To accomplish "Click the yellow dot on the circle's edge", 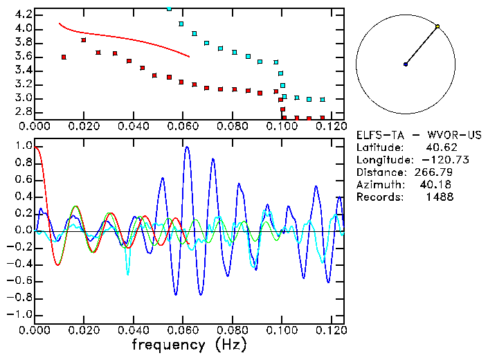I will (x=437, y=26).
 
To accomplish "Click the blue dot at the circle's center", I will (x=406, y=64).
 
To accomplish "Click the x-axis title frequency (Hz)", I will (x=189, y=344).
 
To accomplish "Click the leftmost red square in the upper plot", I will (x=64, y=57).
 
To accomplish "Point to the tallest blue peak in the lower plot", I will (x=186, y=147).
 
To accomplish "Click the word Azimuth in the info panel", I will (x=379, y=185).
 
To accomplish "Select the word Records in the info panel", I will (x=379, y=197).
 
